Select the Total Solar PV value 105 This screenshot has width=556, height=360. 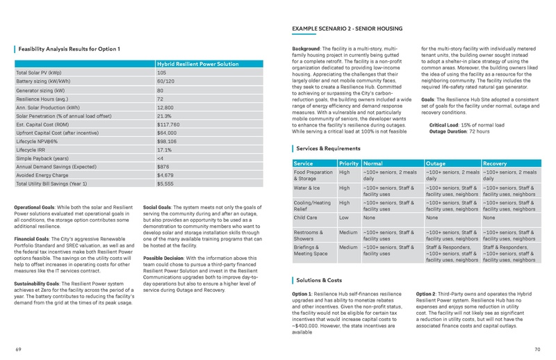pos(161,73)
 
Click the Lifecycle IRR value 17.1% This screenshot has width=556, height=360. pos(164,149)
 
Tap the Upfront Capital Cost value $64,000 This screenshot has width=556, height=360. pos(167,132)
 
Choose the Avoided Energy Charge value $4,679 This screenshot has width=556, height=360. pos(165,176)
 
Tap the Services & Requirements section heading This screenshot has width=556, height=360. pos(328,148)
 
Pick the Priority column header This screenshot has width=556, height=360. pos(348,163)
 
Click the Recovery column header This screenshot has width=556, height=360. pos(495,163)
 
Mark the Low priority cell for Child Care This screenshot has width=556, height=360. pos(344,218)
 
